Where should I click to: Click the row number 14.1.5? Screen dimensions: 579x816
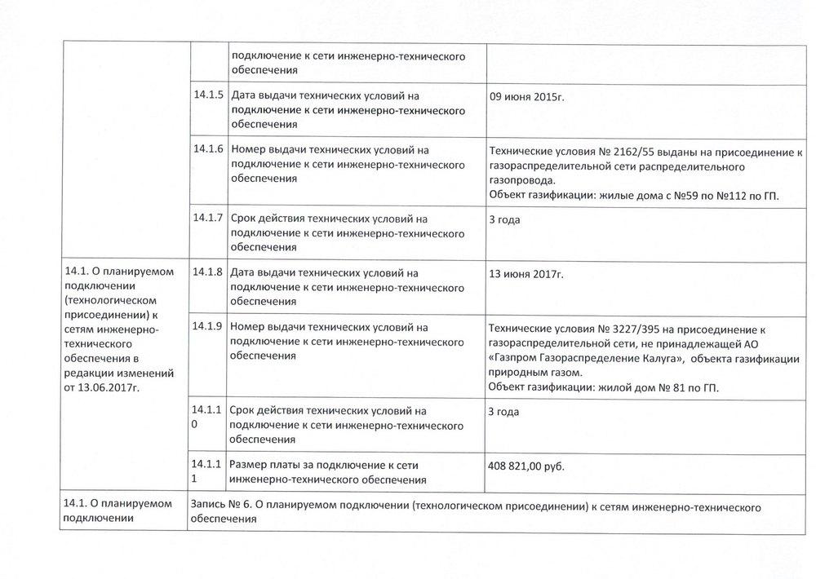click(x=207, y=95)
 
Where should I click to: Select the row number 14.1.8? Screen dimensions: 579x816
click(x=207, y=272)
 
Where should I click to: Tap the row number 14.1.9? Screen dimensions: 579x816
click(x=207, y=326)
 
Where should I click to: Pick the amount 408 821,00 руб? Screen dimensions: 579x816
click(x=526, y=466)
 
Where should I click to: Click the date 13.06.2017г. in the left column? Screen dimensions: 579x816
click(x=106, y=388)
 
